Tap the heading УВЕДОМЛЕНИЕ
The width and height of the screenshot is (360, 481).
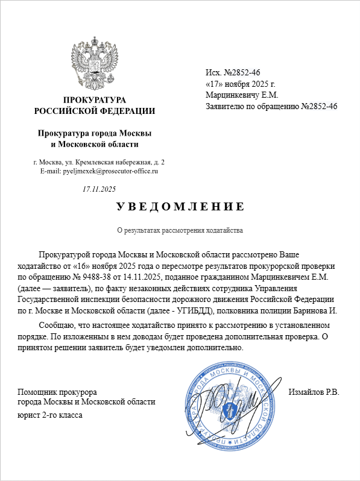click(180, 207)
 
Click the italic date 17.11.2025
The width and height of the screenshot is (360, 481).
click(99, 189)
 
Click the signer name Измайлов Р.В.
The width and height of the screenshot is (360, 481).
click(314, 392)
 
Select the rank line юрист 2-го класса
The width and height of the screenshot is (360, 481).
click(51, 415)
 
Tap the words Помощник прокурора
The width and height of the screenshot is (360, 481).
click(57, 392)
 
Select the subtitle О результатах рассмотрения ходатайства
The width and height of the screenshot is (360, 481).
click(180, 231)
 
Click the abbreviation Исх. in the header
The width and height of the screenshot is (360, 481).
click(214, 73)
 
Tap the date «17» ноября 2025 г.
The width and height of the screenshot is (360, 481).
click(240, 84)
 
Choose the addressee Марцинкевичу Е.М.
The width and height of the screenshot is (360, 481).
click(241, 95)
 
